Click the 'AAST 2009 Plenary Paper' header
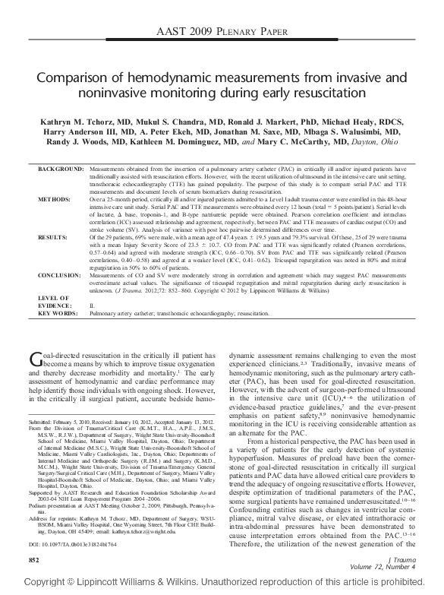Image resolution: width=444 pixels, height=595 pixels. click(221, 33)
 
